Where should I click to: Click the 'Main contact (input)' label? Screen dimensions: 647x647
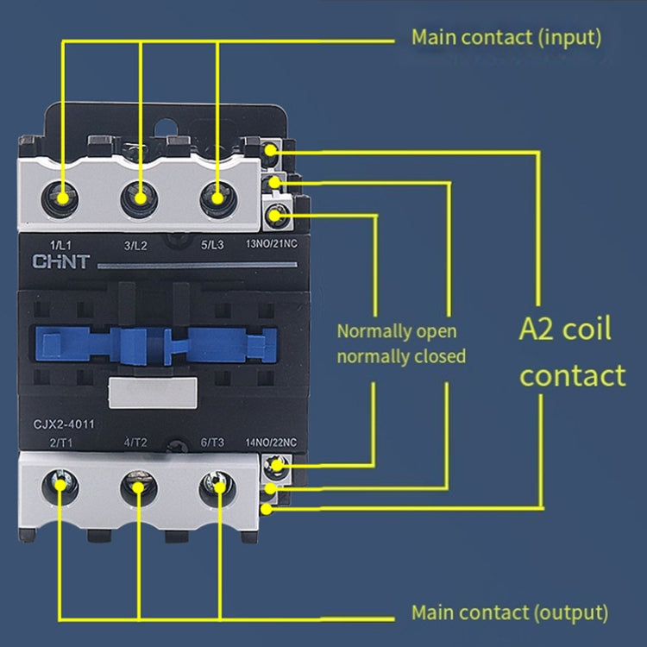pos(506,38)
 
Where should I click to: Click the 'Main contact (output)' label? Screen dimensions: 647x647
pos(509,613)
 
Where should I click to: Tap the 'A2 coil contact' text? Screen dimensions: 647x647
pos(573,352)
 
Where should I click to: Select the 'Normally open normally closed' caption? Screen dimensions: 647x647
pos(401,343)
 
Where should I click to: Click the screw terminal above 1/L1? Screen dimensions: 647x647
pos(62,198)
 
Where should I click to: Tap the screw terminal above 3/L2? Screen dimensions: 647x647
pos(139,198)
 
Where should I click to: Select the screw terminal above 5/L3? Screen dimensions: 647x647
pos(217,198)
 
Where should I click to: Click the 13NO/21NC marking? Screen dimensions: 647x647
pos(272,245)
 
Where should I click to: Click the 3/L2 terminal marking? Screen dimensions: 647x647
pos(137,245)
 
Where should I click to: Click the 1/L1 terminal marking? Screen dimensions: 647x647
pos(61,245)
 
